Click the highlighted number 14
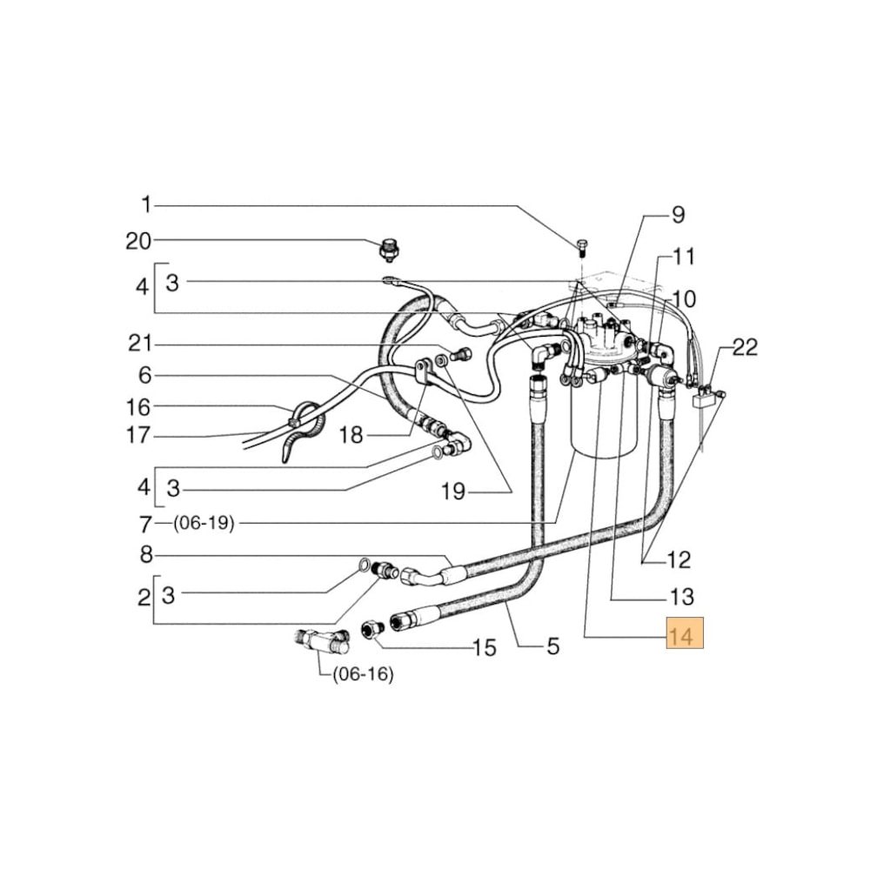tap(684, 636)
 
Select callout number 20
tap(138, 241)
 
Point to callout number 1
tap(146, 205)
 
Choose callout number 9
tap(678, 215)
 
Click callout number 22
tap(745, 348)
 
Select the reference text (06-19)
tap(203, 524)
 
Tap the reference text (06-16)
tap(363, 674)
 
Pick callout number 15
tap(483, 647)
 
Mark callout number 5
tap(552, 646)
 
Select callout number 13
tap(682, 598)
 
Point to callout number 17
tap(138, 434)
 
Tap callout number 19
tap(453, 492)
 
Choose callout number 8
tap(146, 554)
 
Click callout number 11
tap(685, 257)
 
